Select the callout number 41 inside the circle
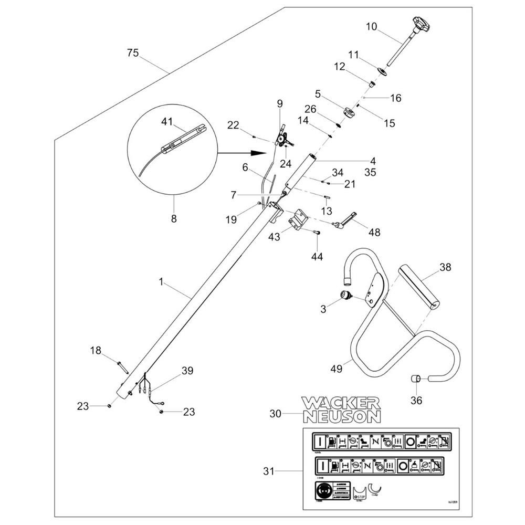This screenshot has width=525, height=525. [x=167, y=122]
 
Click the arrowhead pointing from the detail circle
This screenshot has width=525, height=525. [x=256, y=153]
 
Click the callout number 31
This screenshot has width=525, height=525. [x=269, y=471]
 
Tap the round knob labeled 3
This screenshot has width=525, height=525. [x=346, y=296]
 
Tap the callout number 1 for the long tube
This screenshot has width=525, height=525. [x=162, y=282]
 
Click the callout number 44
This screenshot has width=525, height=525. [x=318, y=257]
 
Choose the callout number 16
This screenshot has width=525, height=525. [x=395, y=98]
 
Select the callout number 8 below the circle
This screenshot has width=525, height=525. [x=174, y=218]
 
